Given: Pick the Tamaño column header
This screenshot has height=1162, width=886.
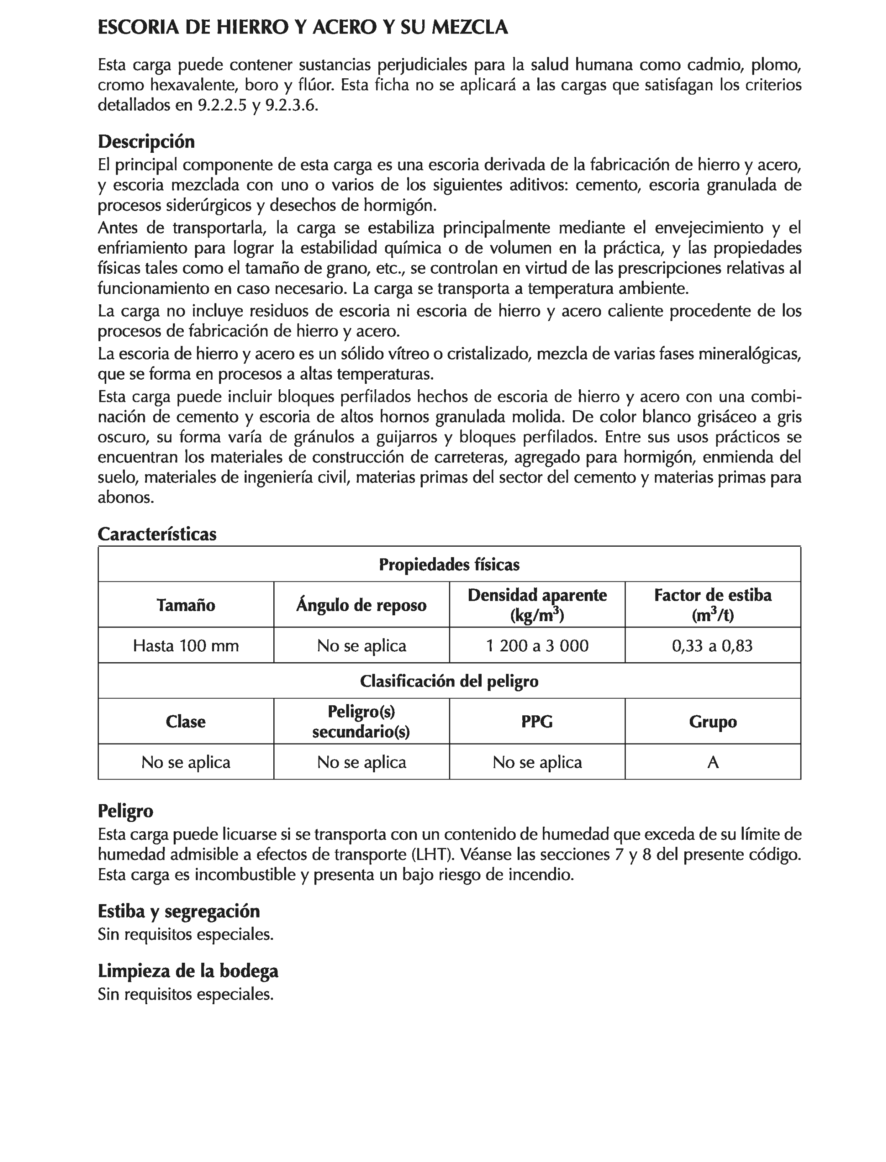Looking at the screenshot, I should (x=186, y=604).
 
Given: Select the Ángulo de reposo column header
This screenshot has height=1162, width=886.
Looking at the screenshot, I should (x=361, y=604).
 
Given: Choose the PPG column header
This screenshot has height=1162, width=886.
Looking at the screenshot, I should (x=537, y=721).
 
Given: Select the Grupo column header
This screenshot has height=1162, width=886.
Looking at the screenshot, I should (x=712, y=721).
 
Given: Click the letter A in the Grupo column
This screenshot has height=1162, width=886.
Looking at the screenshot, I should (x=712, y=762).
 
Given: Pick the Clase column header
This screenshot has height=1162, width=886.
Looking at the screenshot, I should (x=186, y=721).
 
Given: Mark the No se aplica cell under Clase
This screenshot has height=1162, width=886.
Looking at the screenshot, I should (x=186, y=762).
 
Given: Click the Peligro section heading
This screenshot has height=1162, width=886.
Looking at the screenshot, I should (x=126, y=810).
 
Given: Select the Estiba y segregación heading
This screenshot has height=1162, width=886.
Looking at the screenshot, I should (x=179, y=911).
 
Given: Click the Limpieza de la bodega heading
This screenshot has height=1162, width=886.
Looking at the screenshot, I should (x=188, y=971).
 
